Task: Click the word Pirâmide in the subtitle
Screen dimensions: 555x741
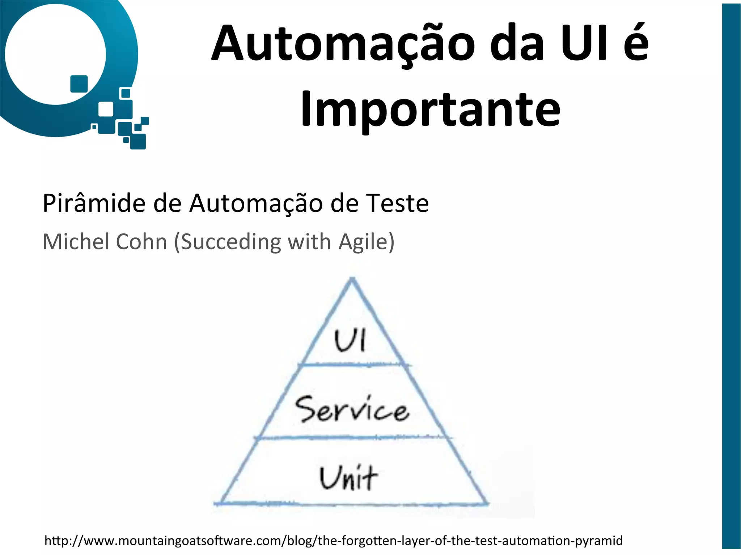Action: click(94, 203)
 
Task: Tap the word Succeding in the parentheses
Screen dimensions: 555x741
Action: click(230, 242)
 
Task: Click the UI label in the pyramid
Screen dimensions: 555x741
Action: click(350, 340)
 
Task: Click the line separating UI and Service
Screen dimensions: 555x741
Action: click(355, 365)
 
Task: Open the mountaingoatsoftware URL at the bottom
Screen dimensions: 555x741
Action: click(333, 541)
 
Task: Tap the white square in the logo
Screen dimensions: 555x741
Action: click(106, 109)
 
